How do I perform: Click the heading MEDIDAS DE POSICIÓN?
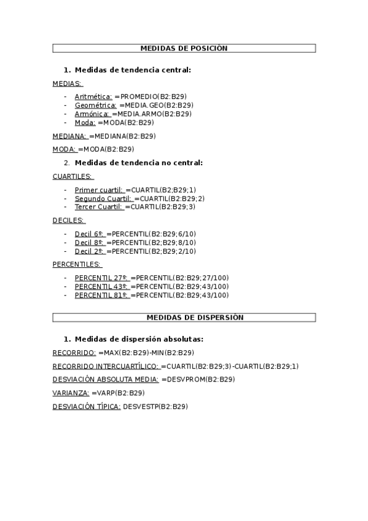tap(184, 48)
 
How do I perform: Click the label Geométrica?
tap(95, 105)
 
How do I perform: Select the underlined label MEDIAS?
tap(68, 83)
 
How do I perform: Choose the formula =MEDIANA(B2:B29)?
tap(122, 136)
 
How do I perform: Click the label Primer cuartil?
tap(98, 190)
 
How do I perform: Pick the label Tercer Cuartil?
tap(98, 207)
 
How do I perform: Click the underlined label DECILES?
tap(69, 221)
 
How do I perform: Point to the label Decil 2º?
tap(90, 251)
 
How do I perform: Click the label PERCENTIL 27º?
tap(101, 278)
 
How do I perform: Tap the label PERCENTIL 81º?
tap(101, 295)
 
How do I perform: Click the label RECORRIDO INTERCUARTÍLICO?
tap(106, 366)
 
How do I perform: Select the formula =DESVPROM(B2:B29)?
tap(198, 380)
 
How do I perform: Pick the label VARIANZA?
tap(71, 393)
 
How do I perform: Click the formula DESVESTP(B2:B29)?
tap(155, 406)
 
